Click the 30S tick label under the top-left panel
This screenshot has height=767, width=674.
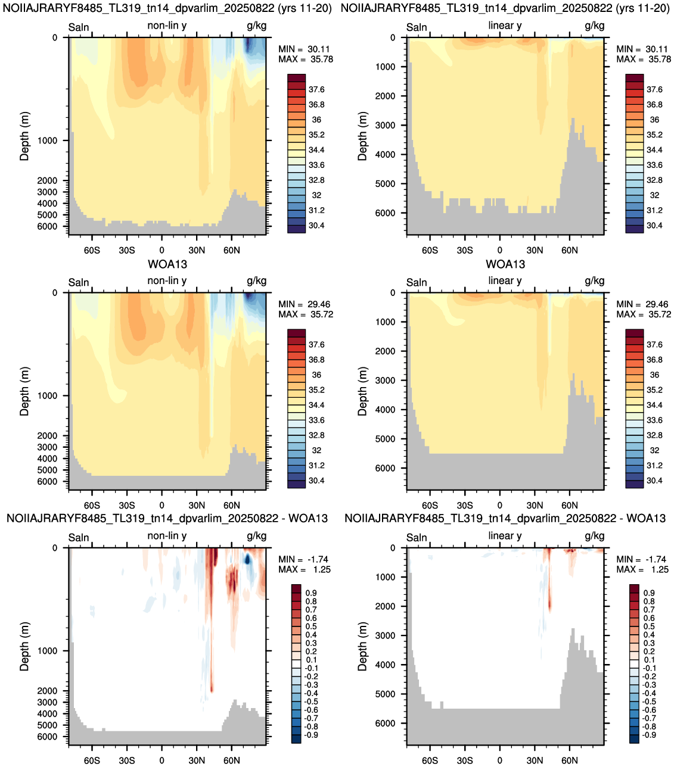pyautogui.click(x=126, y=250)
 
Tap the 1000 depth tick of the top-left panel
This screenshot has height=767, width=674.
pyautogui.click(x=47, y=141)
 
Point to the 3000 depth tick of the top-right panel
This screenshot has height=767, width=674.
pyautogui.click(x=386, y=125)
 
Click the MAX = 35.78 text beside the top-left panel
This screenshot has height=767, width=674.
pyautogui.click(x=306, y=60)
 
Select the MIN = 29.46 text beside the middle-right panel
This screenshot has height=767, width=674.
pyautogui.click(x=644, y=304)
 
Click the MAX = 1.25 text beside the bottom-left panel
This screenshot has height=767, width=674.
pyautogui.click(x=305, y=569)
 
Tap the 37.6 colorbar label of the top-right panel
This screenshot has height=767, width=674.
pyautogui.click(x=654, y=89)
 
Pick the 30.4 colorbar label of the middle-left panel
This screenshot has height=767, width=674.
pyautogui.click(x=316, y=481)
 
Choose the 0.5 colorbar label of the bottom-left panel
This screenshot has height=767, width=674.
pyautogui.click(x=311, y=626)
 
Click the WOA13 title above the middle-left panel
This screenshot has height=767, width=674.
pyautogui.click(x=167, y=264)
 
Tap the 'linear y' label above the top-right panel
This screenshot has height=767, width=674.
pyautogui.click(x=505, y=26)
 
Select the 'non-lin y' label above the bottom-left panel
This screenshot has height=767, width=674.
pyautogui.click(x=167, y=536)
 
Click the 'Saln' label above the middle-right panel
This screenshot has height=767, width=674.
pyautogui.click(x=417, y=282)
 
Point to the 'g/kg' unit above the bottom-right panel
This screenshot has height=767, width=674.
pyautogui.click(x=594, y=537)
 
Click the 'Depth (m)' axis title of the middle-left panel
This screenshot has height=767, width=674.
pyautogui.click(x=24, y=391)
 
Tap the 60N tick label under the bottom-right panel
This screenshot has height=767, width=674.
pyautogui.click(x=570, y=760)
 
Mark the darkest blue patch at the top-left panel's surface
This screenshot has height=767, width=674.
pyautogui.click(x=248, y=45)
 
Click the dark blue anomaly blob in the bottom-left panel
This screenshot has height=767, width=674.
pyautogui.click(x=247, y=559)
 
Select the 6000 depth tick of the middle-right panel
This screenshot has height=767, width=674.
pyautogui.click(x=386, y=468)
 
